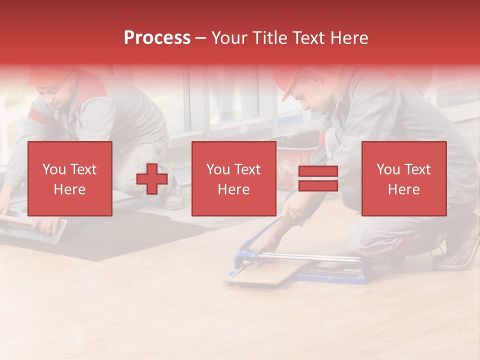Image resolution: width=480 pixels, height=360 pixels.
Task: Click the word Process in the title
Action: pos(157,38)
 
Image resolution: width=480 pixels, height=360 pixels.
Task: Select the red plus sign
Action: pos(152,179)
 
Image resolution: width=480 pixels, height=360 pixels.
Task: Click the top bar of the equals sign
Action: pos(318,171)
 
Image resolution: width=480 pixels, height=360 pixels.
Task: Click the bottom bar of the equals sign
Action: pos(318,186)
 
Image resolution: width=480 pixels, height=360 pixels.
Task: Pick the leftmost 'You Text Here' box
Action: pos(70,178)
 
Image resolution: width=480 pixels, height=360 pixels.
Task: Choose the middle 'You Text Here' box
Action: pos(234,178)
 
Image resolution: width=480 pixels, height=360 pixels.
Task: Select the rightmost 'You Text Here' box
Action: pos(404,178)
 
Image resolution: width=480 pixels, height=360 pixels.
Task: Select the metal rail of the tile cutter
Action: pos(310,257)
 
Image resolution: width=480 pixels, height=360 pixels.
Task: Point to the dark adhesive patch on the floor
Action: pos(125,235)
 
